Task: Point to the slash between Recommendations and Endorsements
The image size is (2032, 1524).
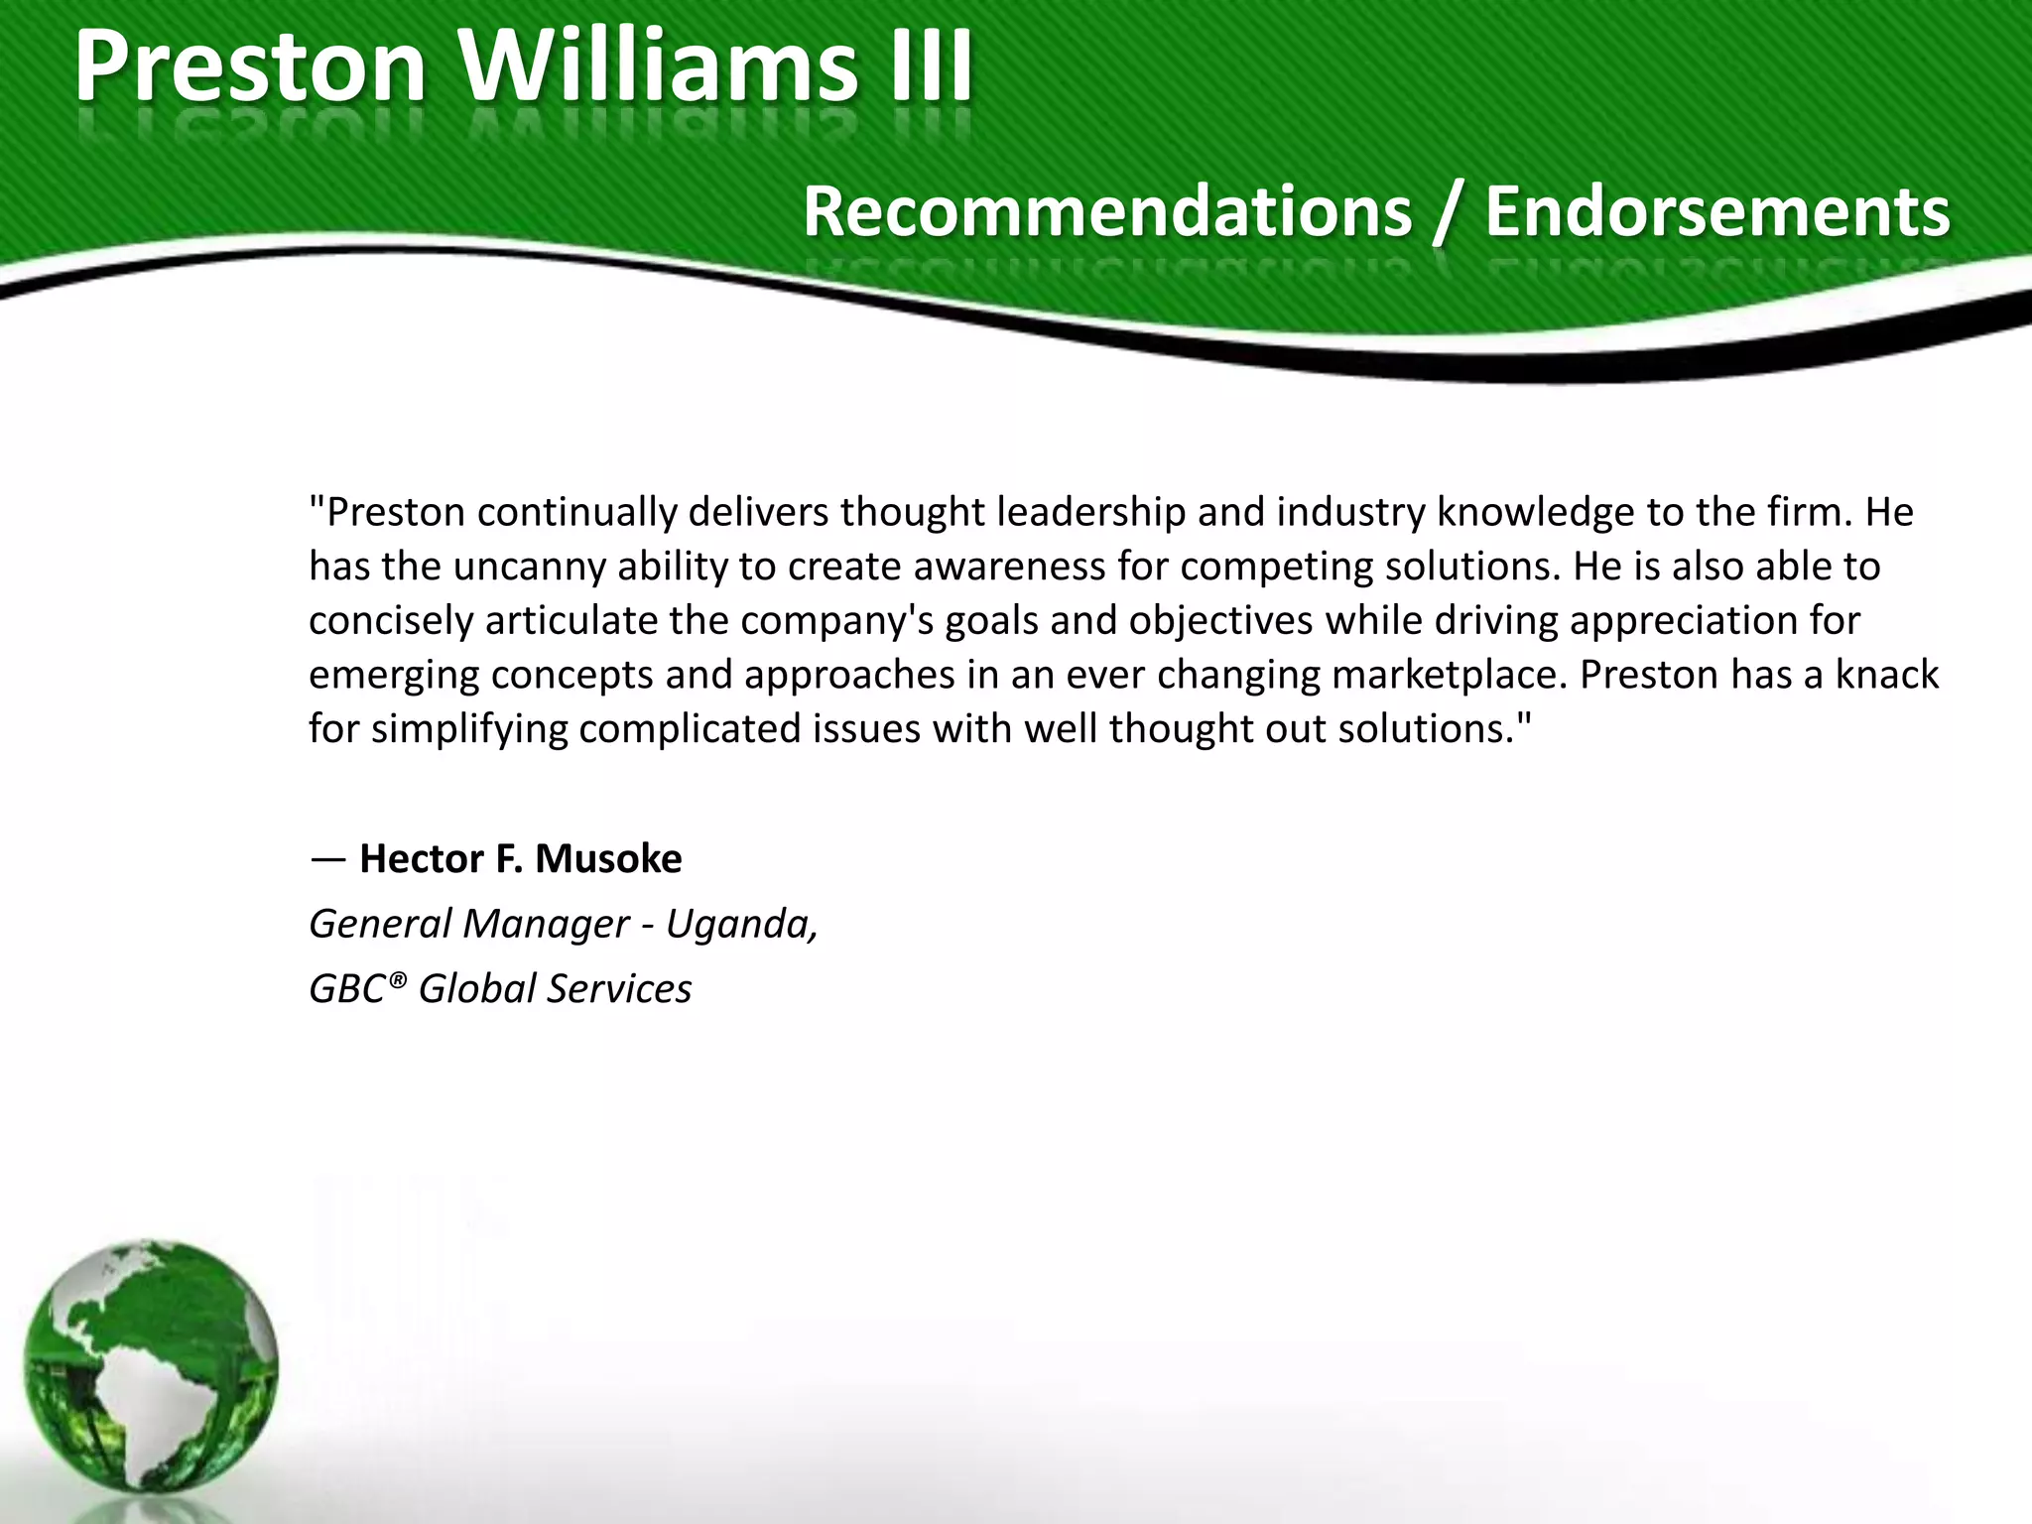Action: tap(1448, 213)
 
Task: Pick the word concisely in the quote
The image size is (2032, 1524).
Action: tap(391, 621)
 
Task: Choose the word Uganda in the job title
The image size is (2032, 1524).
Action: tap(739, 924)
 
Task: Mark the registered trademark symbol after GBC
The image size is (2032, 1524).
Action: tap(397, 980)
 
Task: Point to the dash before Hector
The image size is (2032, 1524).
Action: tap(326, 859)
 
